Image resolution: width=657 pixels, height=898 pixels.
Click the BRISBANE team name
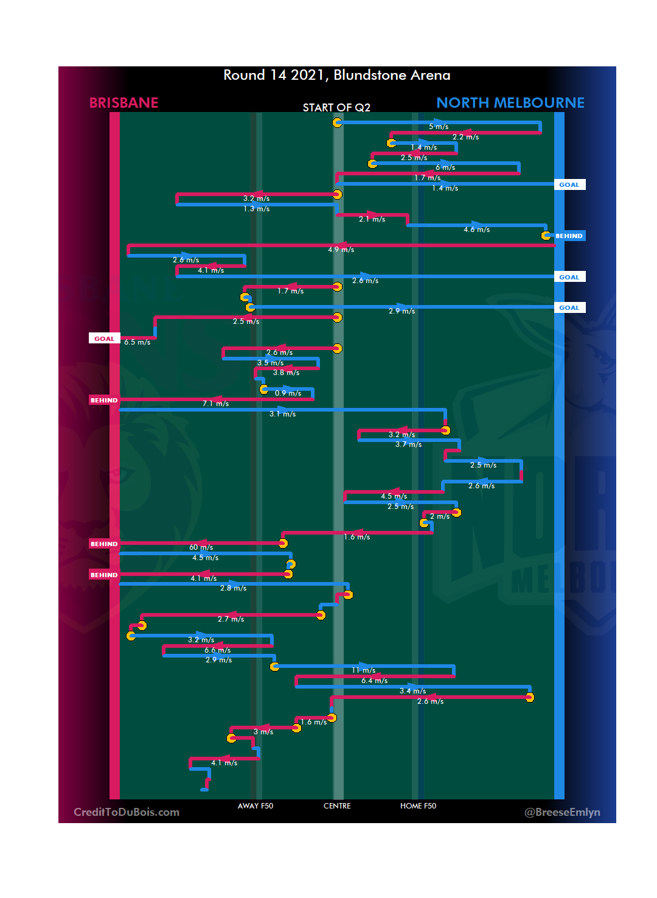pos(123,103)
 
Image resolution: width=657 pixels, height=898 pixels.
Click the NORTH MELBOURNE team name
pos(510,103)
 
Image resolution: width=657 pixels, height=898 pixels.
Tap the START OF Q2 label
pos(336,108)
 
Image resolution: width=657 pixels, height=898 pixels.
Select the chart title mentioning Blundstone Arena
pos(336,75)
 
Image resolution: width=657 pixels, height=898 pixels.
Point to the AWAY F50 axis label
pos(255,806)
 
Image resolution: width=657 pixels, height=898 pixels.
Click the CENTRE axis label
pos(337,806)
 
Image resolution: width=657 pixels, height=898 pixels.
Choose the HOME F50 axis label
pos(418,806)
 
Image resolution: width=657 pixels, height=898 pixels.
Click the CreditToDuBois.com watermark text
pos(127,812)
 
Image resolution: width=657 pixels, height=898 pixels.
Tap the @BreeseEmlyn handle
pos(562,812)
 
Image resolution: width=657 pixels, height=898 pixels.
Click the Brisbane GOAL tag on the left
pos(104,339)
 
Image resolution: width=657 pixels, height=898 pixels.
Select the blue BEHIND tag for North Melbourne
pos(569,236)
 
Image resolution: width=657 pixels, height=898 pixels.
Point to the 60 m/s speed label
pos(201,547)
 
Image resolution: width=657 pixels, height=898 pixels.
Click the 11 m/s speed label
pos(363,670)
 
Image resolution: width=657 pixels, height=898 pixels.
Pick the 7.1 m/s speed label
pos(215,404)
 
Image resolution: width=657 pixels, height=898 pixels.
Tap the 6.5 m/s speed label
pos(137,342)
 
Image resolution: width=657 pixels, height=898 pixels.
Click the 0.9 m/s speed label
pos(288,393)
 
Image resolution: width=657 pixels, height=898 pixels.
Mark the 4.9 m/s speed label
pos(341,250)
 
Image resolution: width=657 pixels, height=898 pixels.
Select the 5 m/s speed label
pos(439,127)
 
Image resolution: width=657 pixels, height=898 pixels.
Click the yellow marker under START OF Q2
pos(337,123)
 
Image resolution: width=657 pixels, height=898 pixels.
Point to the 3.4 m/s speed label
pos(412,691)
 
